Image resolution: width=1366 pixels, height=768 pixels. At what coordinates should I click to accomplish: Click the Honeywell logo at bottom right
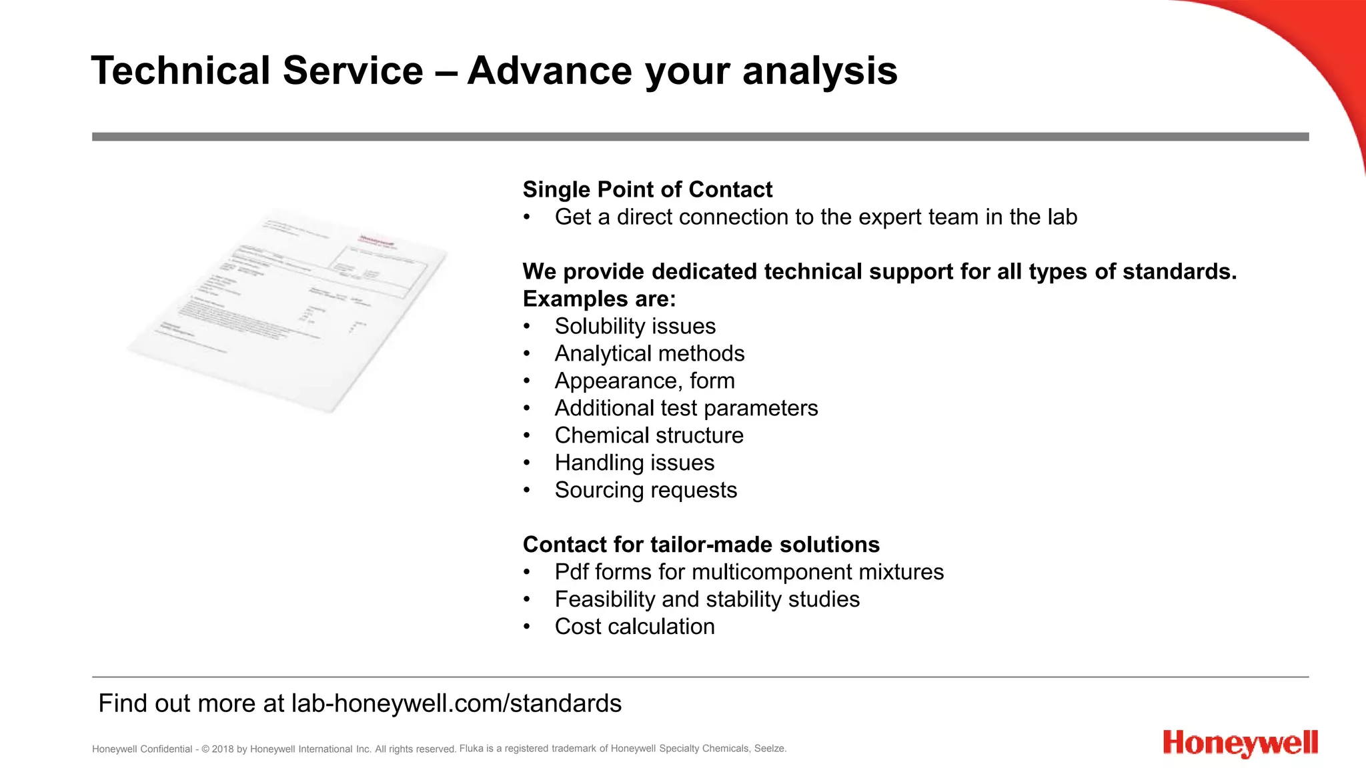1240,743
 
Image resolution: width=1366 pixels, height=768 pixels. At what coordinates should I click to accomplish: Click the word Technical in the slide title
181,71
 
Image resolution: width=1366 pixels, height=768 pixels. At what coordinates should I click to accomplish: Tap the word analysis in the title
820,71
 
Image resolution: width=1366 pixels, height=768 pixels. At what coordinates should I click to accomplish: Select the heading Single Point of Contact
647,189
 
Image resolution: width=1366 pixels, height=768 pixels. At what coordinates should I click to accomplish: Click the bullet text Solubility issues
634,326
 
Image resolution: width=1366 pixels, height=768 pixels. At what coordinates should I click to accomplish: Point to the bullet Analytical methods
649,353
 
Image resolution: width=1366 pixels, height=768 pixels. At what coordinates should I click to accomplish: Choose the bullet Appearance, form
644,381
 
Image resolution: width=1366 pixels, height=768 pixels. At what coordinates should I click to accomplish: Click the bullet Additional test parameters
686,408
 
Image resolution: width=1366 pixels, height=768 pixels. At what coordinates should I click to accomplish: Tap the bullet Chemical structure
648,435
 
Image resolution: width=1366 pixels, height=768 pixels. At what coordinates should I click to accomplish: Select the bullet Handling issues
634,463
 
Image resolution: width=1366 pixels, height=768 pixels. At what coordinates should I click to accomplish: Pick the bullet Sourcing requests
645,490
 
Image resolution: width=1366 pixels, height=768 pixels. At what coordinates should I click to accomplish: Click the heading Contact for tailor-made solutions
701,545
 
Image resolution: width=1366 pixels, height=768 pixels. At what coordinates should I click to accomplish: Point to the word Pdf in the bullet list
571,572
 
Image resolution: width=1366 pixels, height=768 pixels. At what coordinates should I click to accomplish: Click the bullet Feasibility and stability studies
706,599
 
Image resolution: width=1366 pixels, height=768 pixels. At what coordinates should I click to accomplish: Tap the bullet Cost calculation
634,627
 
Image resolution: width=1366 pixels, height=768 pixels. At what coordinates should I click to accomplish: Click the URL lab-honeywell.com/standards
456,703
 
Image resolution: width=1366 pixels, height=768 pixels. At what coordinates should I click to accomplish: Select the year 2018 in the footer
222,749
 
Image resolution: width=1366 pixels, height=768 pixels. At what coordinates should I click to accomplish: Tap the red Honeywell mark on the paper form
378,241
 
